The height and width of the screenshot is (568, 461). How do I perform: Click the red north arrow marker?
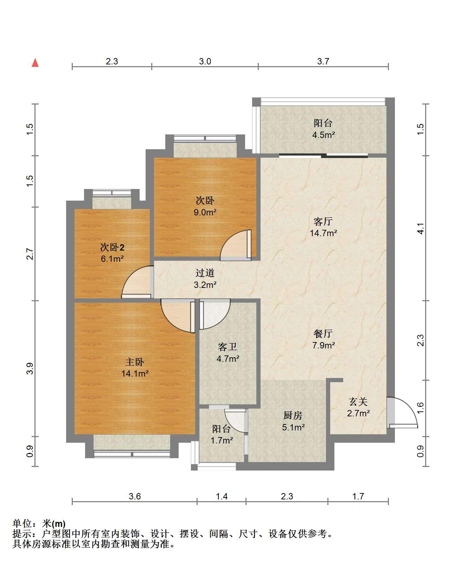coord(35,63)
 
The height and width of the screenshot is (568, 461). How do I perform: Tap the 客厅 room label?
coord(323,221)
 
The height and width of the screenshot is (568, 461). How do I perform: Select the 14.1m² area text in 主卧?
coord(135,373)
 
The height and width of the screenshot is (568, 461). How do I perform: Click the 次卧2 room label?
coord(112,247)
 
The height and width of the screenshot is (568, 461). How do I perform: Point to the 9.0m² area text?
coord(205,212)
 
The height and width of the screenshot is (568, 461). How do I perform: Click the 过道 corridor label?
coord(205,273)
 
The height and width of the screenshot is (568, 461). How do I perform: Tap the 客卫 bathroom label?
coord(227,347)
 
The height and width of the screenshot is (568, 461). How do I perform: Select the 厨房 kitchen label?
coord(293,415)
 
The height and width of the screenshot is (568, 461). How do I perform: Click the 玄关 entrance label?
coord(358,402)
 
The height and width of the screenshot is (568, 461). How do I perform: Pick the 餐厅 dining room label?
coord(323,333)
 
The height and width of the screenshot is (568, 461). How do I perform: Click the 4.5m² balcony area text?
coord(324,135)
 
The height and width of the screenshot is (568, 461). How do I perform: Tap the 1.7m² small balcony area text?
coord(222,440)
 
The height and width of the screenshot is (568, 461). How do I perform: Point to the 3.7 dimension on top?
coord(323,61)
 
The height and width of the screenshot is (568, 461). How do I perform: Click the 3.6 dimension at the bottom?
coord(135,496)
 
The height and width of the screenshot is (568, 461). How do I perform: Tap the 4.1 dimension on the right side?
coord(420,228)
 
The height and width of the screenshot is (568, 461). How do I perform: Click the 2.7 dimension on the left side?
coord(30,254)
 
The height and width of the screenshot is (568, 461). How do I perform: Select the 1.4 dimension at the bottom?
coord(222,496)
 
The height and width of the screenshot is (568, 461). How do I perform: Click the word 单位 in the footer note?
coord(22,523)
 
